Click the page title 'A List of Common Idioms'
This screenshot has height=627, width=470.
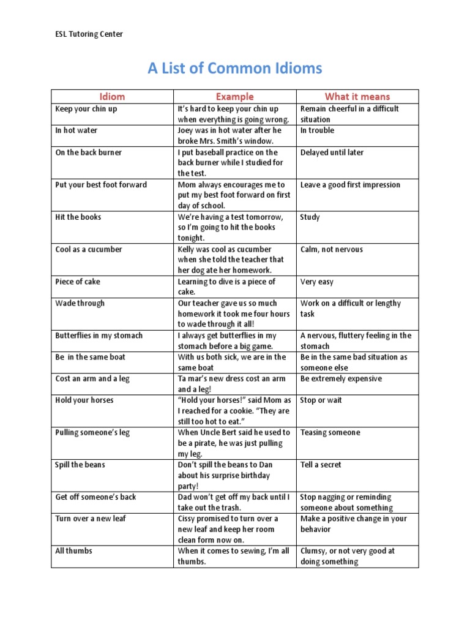234,69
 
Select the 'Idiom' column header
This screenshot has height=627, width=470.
112,96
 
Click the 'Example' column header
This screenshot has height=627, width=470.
234,96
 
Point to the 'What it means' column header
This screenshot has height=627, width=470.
357,96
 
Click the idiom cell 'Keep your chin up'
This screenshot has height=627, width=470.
86,109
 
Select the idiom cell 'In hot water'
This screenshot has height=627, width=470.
76,130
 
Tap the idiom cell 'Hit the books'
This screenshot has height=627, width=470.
78,217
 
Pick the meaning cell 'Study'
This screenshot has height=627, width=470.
310,217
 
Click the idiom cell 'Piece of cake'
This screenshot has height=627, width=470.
78,282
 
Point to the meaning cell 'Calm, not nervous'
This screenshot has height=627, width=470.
332,249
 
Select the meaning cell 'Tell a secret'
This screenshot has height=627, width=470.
321,465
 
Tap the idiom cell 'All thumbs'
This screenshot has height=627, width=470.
74,551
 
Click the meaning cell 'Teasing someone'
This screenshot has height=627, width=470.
330,432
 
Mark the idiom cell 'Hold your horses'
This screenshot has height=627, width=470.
84,400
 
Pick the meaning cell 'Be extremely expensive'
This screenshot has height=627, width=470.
341,379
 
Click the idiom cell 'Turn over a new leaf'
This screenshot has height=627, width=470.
91,519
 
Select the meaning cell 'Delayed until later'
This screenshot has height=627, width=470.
332,152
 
